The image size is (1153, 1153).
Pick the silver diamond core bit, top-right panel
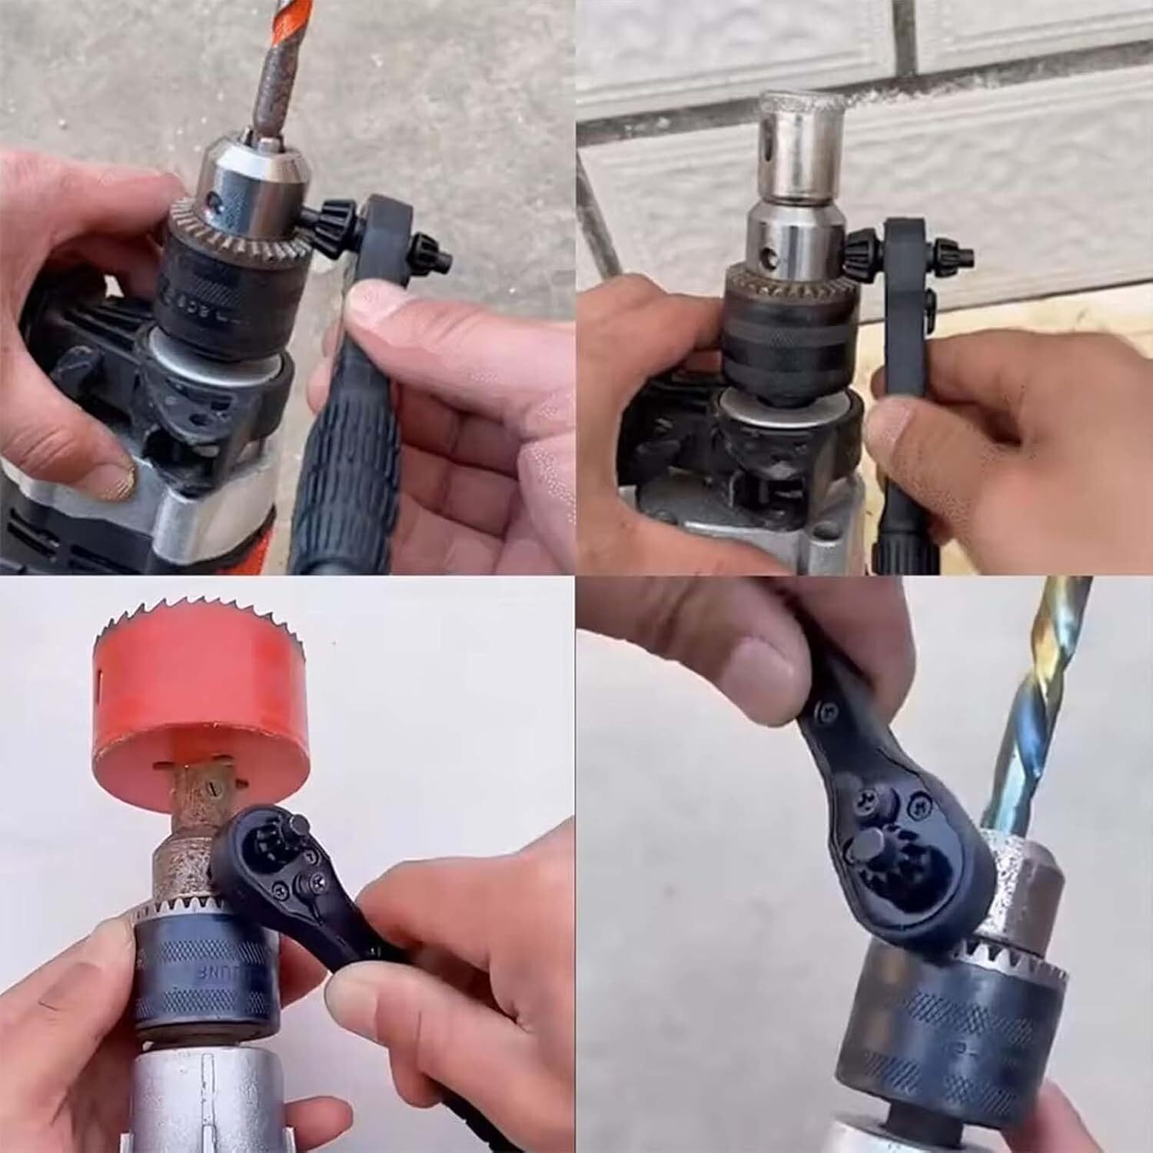click(x=784, y=146)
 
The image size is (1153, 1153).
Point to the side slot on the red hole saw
click(x=102, y=681)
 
